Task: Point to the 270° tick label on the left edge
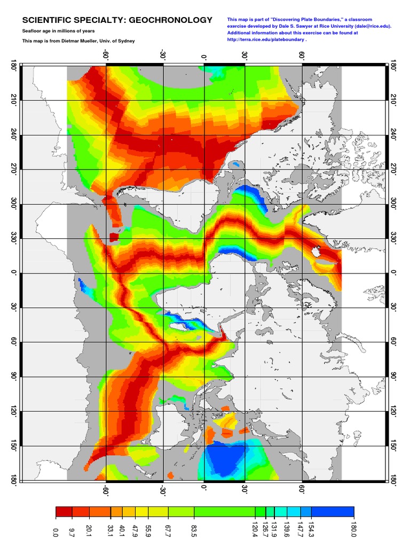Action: [12, 171]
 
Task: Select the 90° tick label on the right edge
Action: [394, 376]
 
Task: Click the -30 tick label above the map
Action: [162, 56]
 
